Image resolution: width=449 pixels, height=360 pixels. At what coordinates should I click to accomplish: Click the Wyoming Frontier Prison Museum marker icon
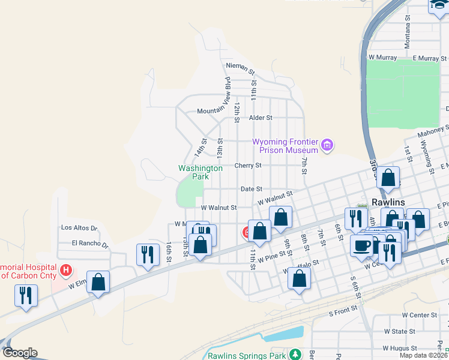click(x=327, y=145)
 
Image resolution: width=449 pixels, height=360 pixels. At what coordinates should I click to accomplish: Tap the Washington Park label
click(x=200, y=172)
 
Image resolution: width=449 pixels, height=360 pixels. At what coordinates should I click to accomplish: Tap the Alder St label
click(x=261, y=118)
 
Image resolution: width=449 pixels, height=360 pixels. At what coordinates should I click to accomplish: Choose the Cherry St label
click(x=248, y=165)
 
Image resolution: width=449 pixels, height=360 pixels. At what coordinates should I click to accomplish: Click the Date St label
click(x=251, y=189)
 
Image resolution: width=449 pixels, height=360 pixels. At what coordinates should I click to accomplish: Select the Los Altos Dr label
click(x=79, y=228)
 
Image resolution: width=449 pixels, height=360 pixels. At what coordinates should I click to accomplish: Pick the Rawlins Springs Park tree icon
click(x=295, y=355)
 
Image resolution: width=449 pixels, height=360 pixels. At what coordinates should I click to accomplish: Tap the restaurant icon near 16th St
click(x=146, y=254)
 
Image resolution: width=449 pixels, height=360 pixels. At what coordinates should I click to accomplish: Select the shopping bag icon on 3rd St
click(x=388, y=178)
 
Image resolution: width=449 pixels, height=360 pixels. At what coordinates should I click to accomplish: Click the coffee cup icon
click(x=361, y=245)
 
